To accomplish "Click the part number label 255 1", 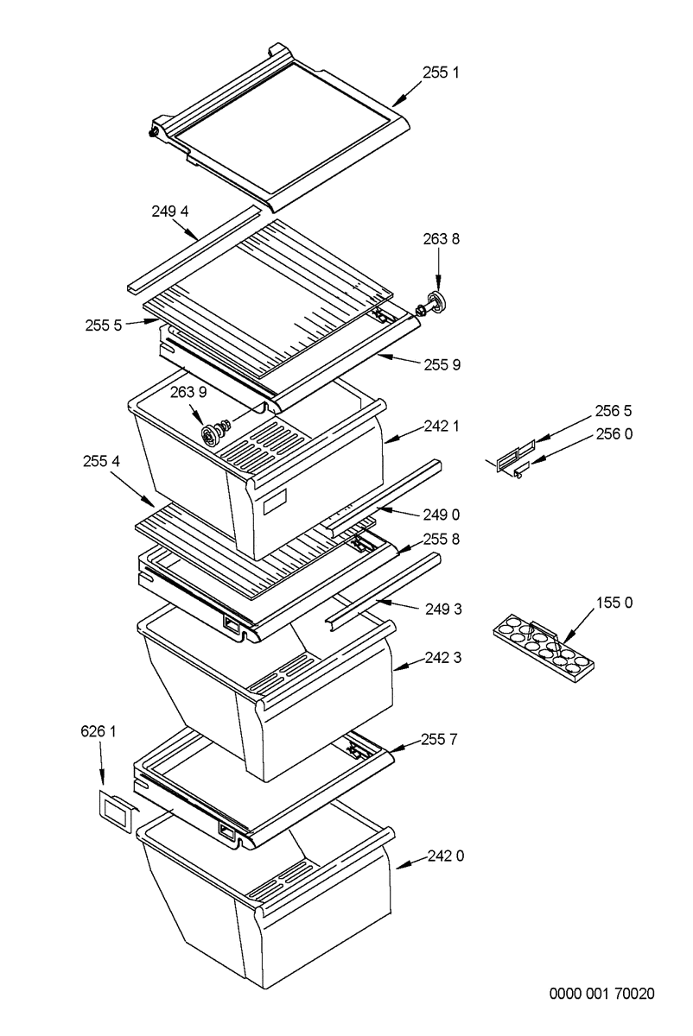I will click(x=442, y=73).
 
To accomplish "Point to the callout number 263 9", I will click(x=188, y=392).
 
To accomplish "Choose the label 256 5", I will click(x=614, y=409).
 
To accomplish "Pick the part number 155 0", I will click(x=614, y=603).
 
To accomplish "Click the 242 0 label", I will click(x=445, y=857).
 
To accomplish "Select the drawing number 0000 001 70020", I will click(x=601, y=994).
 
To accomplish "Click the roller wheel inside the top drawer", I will click(x=211, y=433).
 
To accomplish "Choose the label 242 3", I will click(x=442, y=658).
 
